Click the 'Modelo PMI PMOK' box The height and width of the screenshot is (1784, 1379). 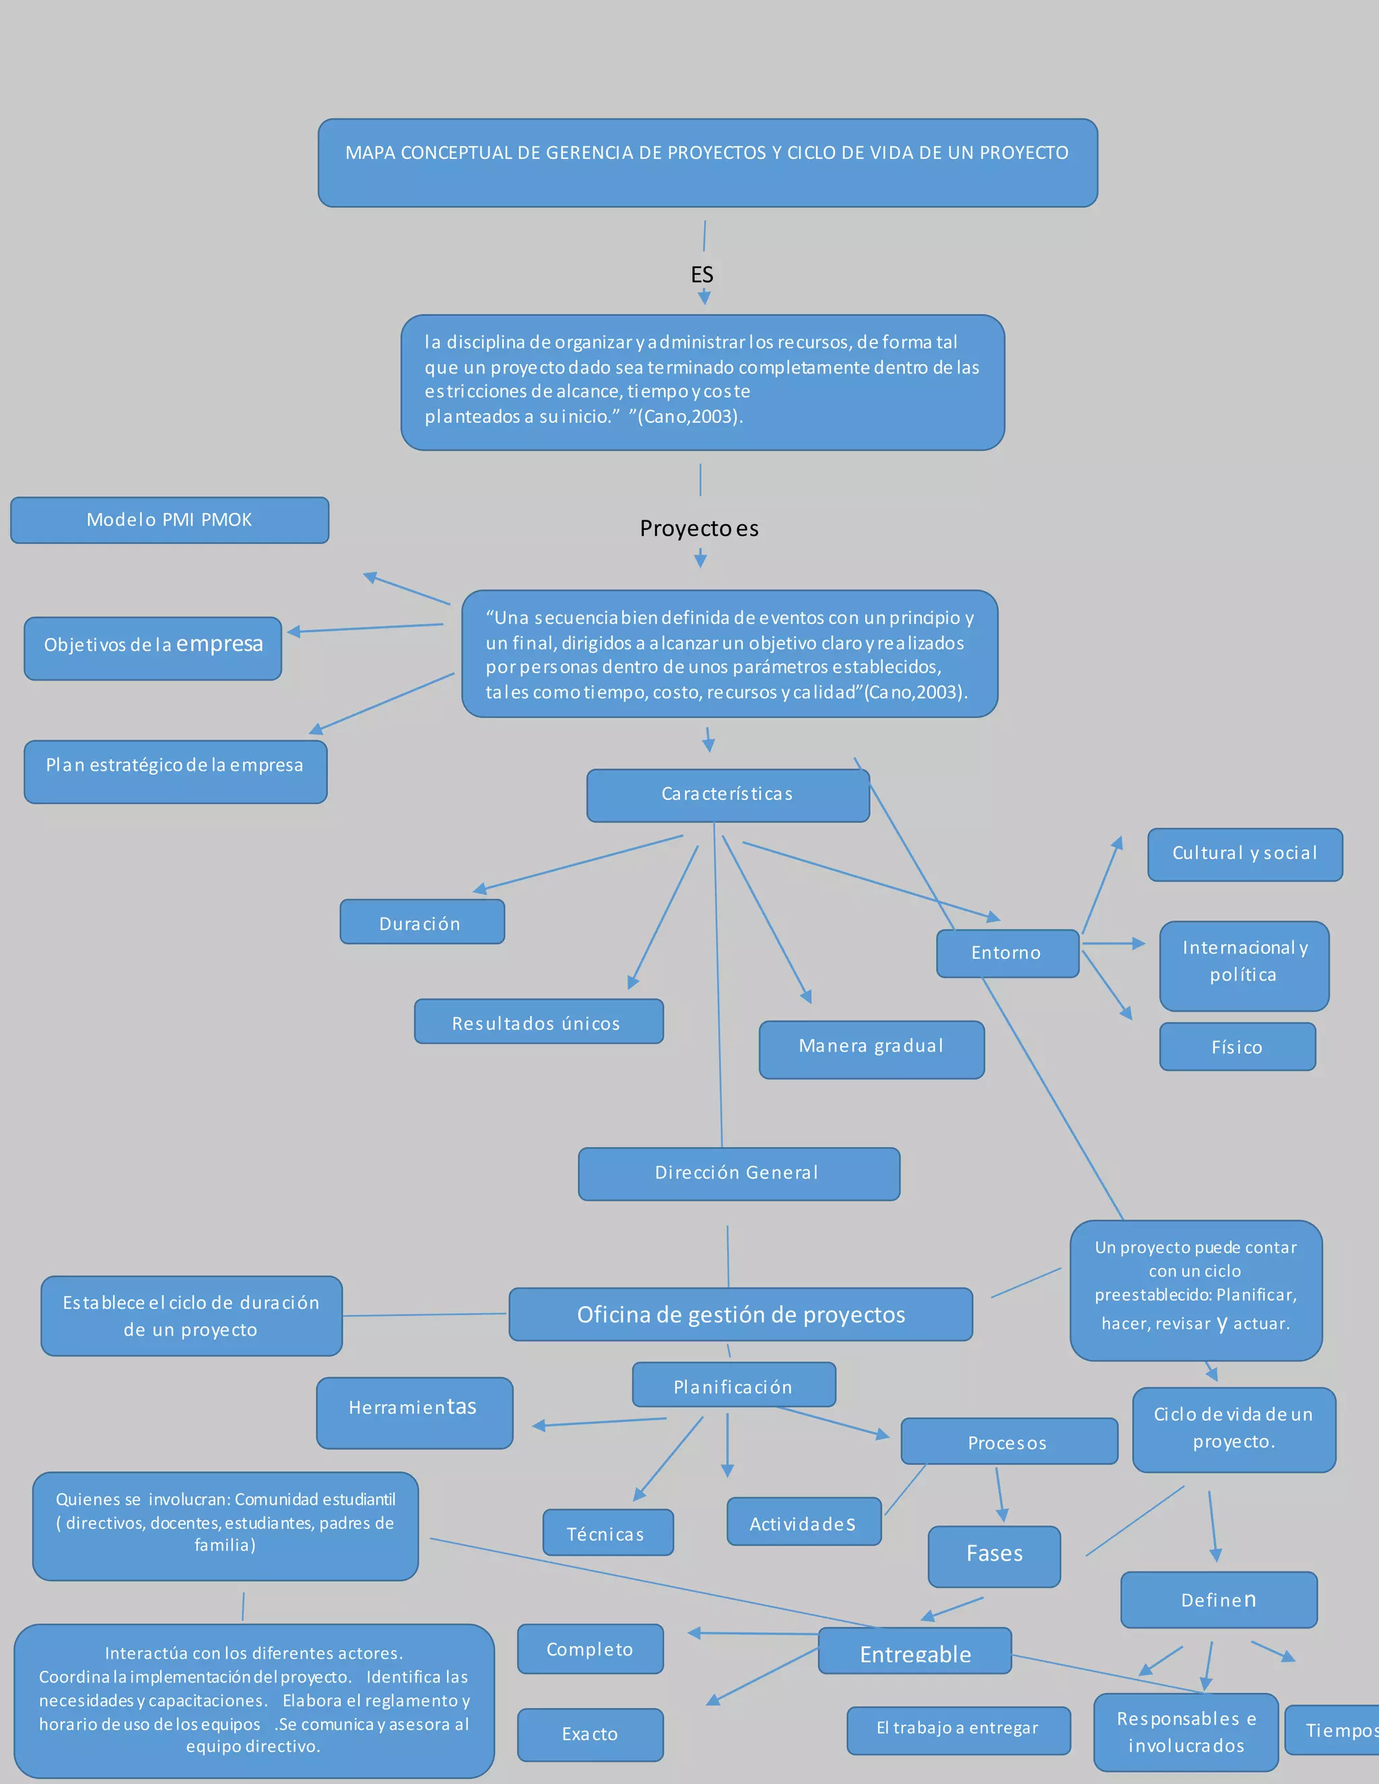(169, 520)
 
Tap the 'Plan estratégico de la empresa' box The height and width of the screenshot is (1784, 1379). (175, 771)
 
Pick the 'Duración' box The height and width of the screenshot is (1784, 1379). (422, 922)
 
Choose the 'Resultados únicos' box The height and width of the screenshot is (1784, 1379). (539, 1021)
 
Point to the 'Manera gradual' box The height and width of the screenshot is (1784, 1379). (871, 1049)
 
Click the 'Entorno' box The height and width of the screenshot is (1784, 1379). (1007, 953)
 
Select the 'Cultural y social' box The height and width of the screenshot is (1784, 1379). (1244, 854)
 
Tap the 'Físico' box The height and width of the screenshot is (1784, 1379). (1237, 1046)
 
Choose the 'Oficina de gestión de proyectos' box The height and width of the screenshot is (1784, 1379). (740, 1314)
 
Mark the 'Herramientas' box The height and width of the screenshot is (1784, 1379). (414, 1412)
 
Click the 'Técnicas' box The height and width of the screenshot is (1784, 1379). (607, 1532)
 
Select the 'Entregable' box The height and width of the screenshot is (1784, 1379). (915, 1651)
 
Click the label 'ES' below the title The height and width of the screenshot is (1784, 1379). (702, 275)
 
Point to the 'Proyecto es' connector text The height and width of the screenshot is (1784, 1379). (700, 529)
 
